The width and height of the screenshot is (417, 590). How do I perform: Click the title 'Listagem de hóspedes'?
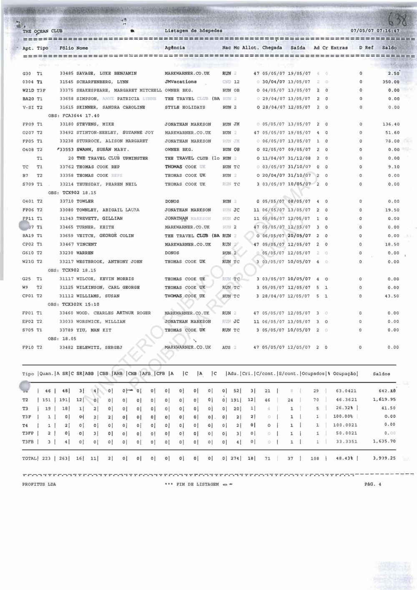[x=193, y=30]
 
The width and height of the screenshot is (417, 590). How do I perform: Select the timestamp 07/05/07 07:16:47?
[x=375, y=31]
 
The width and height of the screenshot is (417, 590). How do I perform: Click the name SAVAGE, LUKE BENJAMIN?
[x=106, y=73]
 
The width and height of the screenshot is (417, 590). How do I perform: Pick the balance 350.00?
[x=391, y=82]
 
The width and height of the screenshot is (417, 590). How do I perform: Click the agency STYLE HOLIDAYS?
[x=185, y=107]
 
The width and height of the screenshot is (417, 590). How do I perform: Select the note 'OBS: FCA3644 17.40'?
[x=74, y=116]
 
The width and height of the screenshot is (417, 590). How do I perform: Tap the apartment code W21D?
[x=28, y=90]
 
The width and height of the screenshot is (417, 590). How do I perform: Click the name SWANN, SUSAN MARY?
[x=103, y=149]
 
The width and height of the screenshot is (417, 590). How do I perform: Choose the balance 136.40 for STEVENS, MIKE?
[x=391, y=124]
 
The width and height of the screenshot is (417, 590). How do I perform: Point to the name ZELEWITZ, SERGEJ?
[x=99, y=347]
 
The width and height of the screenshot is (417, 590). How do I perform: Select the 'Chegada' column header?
[x=272, y=48]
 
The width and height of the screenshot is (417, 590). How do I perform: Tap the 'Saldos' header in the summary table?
[x=381, y=374]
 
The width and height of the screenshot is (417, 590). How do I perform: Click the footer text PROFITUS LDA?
[x=39, y=484]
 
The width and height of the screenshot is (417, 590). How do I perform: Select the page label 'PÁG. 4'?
[x=372, y=484]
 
